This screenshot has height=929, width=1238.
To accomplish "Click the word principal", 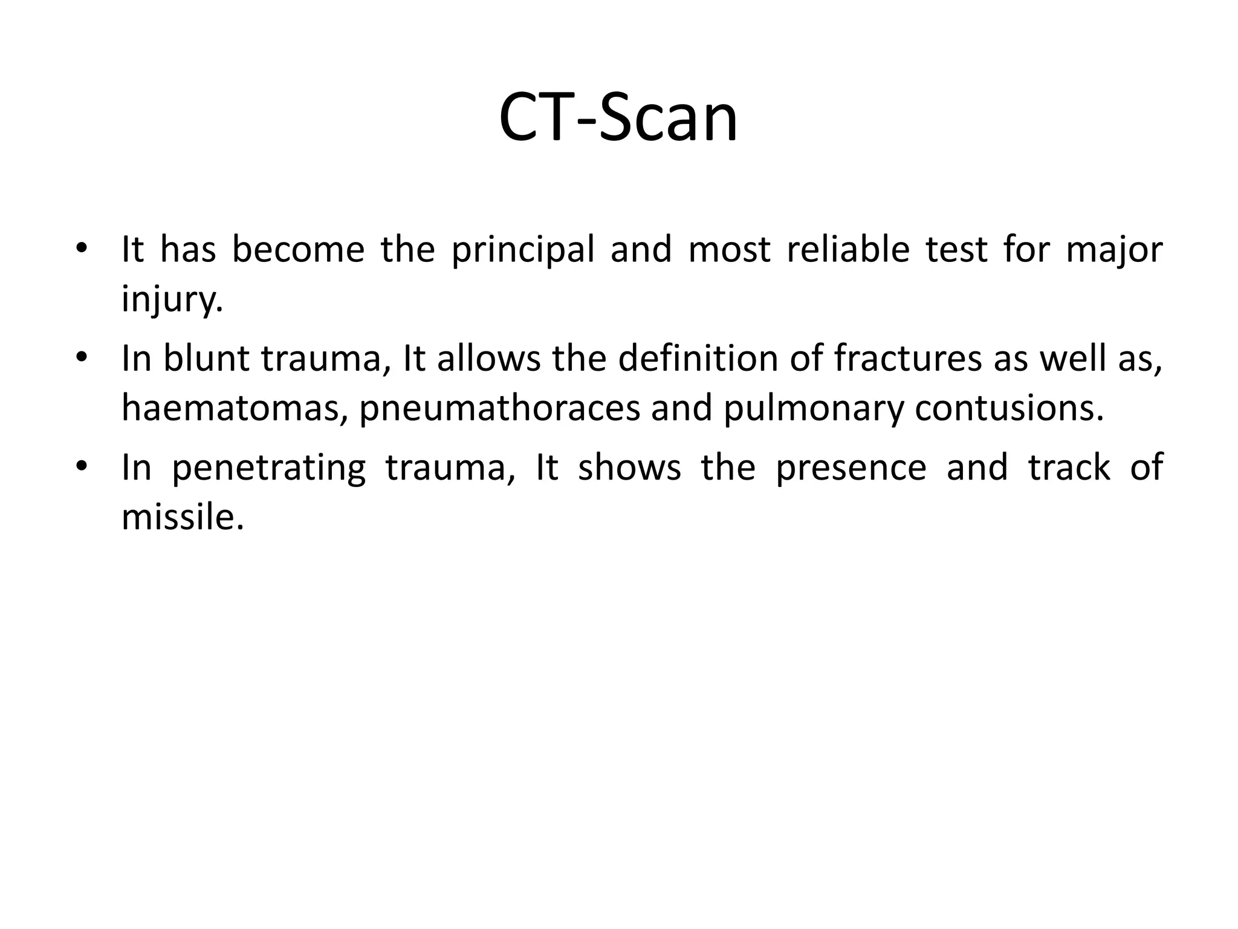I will coord(523,250).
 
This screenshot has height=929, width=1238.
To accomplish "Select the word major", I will coord(1114,250).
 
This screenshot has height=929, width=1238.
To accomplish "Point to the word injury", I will coord(172,299).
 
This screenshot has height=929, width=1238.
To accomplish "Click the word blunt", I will coord(206,358).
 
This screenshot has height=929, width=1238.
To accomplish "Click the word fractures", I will coord(908,358).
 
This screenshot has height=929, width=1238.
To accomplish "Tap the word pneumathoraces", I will coord(499,409).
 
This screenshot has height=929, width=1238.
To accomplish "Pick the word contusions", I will coord(1009,408).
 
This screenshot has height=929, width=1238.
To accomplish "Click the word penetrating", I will coord(268,468).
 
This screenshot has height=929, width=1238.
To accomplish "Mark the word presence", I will coord(851,468).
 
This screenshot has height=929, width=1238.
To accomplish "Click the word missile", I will coord(182,518).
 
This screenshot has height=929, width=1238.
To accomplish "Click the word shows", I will coord(629,468).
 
